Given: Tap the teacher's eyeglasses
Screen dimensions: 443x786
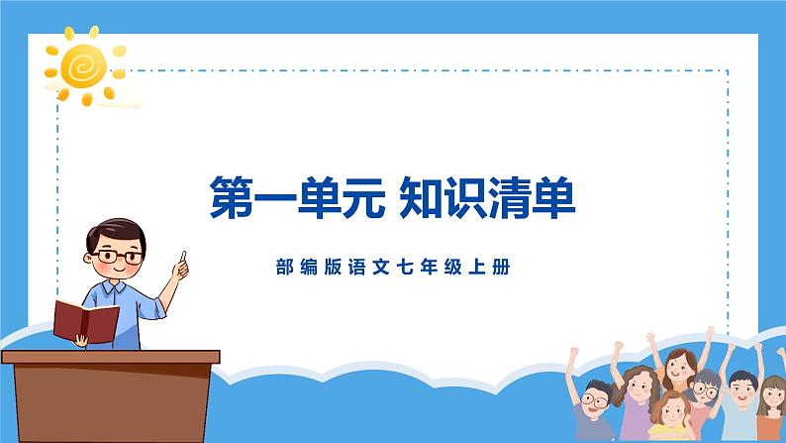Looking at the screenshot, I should tap(119, 256).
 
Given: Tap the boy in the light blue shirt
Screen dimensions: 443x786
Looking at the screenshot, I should tap(742, 396).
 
